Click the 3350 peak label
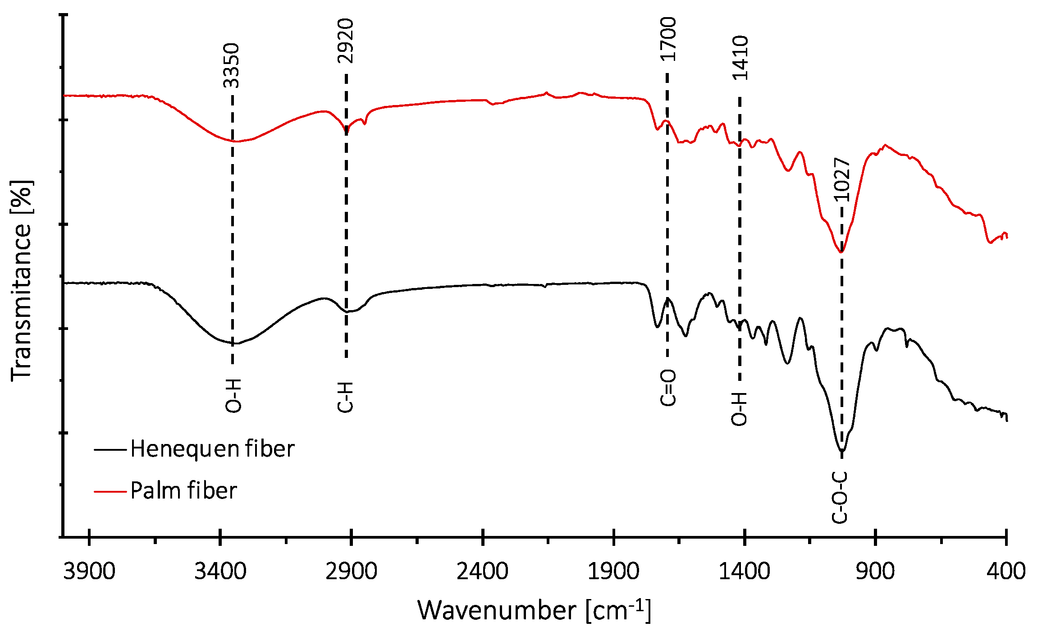point(232,65)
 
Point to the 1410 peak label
point(740,58)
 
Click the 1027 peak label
point(841,180)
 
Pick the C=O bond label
point(668,388)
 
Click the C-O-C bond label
point(840,498)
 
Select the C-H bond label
point(345,397)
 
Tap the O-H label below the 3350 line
point(233,396)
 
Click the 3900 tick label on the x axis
point(89,572)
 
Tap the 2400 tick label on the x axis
point(482,572)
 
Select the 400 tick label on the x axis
point(1006,572)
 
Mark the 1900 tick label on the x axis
point(613,572)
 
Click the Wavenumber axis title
point(534,611)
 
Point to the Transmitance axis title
point(22,280)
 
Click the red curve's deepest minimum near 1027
point(841,252)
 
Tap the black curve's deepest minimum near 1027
point(841,450)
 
